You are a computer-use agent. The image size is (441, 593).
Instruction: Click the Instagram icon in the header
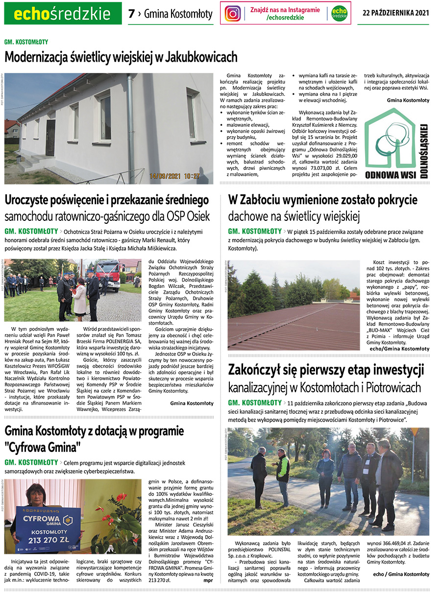(233, 14)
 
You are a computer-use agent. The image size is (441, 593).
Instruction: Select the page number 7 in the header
(131, 14)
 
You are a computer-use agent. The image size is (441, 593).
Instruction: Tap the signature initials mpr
(208, 580)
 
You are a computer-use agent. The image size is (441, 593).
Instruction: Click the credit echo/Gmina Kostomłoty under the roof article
(399, 349)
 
